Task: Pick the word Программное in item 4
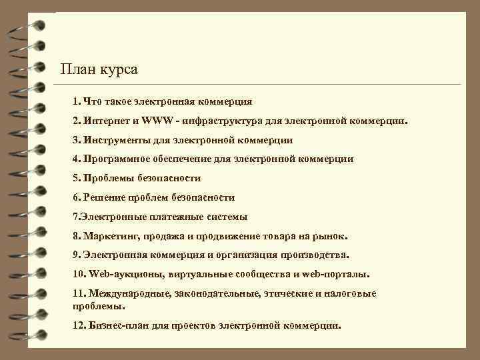point(117,159)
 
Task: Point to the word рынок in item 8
point(334,236)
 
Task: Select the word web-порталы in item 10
point(337,275)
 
